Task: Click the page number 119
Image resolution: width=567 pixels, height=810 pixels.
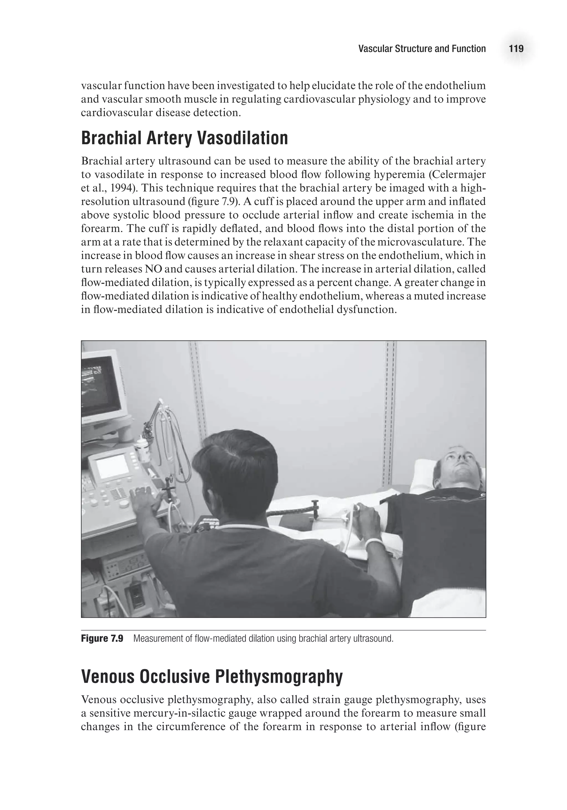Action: (516, 49)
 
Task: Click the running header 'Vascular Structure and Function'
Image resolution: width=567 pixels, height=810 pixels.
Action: (422, 49)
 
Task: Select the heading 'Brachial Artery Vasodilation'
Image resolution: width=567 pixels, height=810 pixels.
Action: (185, 138)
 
